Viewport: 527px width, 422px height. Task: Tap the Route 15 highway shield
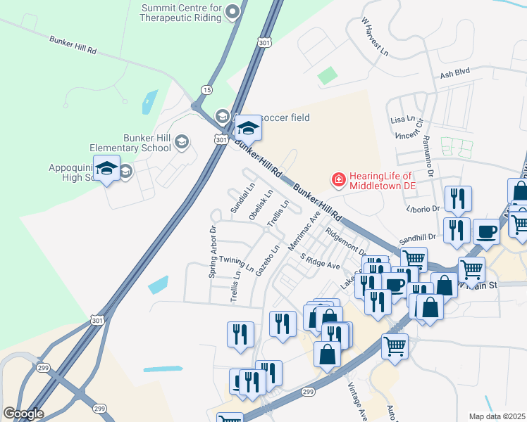pyautogui.click(x=206, y=90)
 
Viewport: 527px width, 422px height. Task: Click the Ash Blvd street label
pyautogui.click(x=454, y=72)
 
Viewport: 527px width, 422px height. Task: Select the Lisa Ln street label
pyautogui.click(x=402, y=120)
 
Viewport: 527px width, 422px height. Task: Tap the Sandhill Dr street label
pyautogui.click(x=418, y=239)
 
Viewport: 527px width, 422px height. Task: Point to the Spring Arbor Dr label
pyautogui.click(x=212, y=251)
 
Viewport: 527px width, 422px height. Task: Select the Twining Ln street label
pyautogui.click(x=237, y=264)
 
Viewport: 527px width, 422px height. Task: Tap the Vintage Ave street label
pyautogui.click(x=357, y=402)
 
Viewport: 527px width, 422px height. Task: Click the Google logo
pyautogui.click(x=23, y=414)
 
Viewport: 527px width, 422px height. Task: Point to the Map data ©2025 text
pyautogui.click(x=497, y=416)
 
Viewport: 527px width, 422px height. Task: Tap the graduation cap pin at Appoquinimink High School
pyautogui.click(x=106, y=170)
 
